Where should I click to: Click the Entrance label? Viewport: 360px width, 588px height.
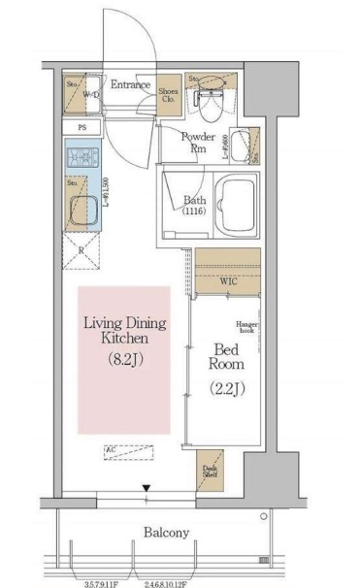(x=130, y=85)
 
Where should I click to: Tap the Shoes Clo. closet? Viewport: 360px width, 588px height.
(x=169, y=91)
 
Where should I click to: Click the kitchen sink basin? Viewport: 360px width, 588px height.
(x=81, y=199)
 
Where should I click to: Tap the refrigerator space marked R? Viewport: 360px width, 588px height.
(x=81, y=250)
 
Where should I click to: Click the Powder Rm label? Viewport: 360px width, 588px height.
(x=198, y=143)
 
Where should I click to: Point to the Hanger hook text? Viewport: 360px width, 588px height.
(x=242, y=328)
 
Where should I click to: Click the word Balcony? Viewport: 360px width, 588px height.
(x=166, y=533)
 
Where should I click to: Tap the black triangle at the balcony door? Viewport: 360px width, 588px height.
(x=147, y=489)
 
